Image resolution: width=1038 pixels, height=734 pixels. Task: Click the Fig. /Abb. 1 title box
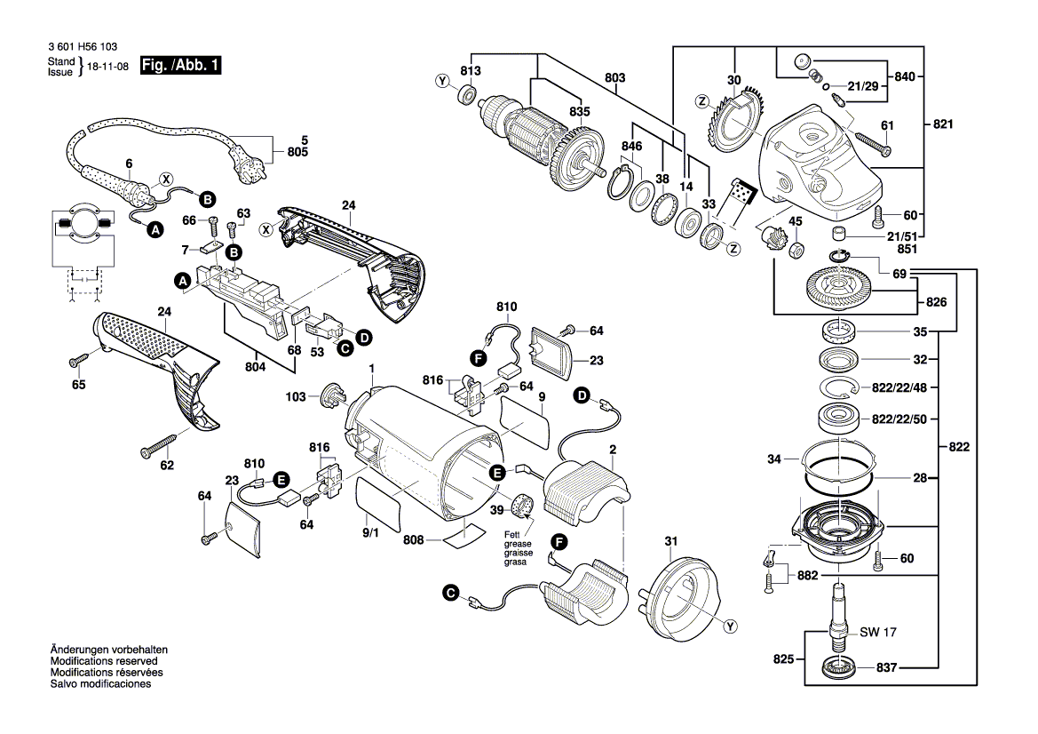181,66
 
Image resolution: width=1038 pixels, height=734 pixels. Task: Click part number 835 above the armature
580,112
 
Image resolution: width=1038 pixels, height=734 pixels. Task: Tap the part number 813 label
470,70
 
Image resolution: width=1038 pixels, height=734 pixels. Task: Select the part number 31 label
670,540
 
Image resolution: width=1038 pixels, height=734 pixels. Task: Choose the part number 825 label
782,660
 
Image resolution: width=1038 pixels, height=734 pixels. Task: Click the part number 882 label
806,576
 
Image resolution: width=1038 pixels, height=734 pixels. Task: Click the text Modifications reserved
104,662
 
